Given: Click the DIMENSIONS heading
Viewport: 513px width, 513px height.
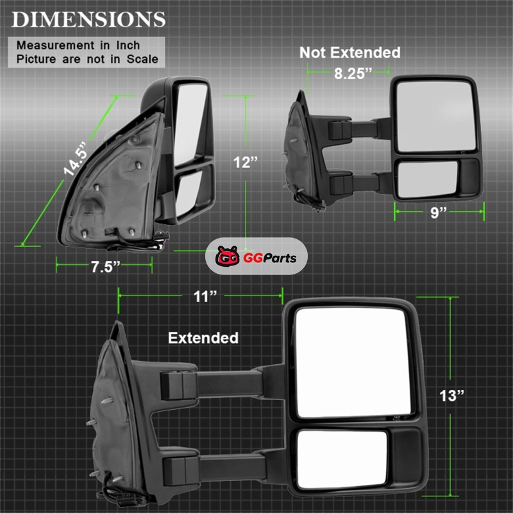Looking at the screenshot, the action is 88,20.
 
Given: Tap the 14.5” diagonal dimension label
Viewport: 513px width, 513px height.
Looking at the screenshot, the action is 76,159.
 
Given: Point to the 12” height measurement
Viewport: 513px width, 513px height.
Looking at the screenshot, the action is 246,163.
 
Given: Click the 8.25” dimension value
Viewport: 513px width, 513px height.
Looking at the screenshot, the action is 353,74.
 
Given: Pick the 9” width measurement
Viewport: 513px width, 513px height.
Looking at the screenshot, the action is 439,213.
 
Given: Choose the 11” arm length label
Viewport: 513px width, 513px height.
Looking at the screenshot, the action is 205,297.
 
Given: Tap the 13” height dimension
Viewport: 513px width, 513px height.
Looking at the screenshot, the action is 452,396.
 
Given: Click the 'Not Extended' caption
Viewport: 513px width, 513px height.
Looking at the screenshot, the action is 349,53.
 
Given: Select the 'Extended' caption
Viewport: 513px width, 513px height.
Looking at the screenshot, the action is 203,338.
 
